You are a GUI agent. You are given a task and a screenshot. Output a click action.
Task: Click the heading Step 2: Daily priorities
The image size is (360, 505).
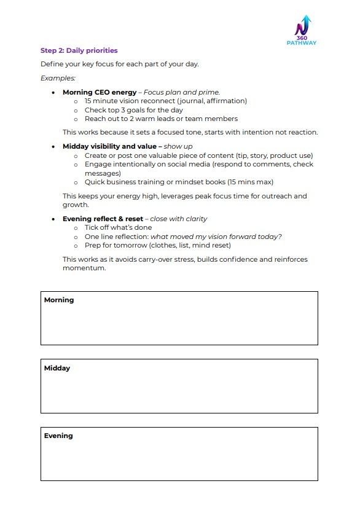79,50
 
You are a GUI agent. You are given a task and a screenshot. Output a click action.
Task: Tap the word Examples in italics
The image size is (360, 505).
58,78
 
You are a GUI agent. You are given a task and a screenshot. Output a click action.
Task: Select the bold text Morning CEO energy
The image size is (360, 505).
100,92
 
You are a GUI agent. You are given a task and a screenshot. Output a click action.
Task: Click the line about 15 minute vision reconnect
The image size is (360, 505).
165,101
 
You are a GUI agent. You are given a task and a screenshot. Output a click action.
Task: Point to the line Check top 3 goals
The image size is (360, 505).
133,110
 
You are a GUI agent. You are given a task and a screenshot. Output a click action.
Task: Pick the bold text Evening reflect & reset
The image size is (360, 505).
102,219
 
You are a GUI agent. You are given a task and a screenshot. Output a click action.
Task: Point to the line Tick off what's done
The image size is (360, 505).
118,227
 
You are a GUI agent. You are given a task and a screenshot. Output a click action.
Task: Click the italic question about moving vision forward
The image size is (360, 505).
216,237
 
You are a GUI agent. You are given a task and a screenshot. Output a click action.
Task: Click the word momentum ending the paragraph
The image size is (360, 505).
83,268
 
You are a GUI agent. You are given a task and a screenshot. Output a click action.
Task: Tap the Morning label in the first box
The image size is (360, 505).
59,300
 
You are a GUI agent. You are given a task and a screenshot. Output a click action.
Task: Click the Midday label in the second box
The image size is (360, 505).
57,368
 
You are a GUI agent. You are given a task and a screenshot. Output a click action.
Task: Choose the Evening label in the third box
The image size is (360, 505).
58,436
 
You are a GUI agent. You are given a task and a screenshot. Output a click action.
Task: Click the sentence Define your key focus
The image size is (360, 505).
120,64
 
